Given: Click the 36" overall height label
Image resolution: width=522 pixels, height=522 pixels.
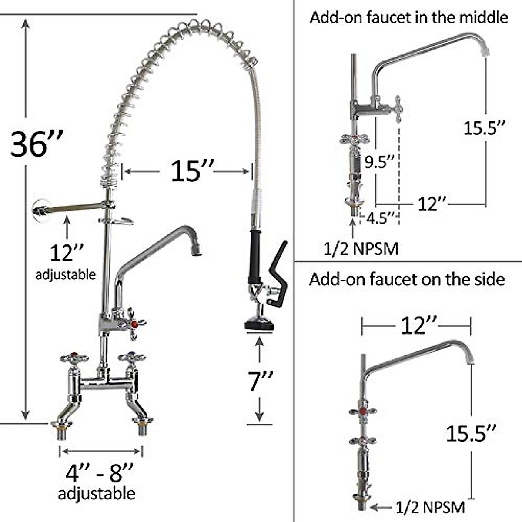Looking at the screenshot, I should point(37,144).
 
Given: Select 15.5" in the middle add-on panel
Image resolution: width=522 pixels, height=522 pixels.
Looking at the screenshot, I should point(484,128).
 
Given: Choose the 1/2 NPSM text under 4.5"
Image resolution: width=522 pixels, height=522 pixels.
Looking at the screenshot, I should point(361,249).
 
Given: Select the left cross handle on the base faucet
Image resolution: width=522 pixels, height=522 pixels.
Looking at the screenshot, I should point(74,358).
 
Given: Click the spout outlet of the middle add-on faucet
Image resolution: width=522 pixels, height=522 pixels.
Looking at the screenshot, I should point(484,51).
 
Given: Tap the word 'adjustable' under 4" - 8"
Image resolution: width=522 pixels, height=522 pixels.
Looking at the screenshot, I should point(97,494).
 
